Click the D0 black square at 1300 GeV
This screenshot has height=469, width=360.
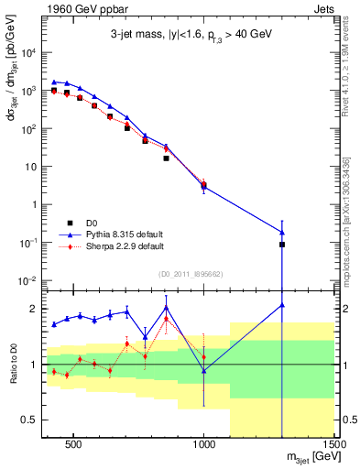pyautogui.click(x=282, y=245)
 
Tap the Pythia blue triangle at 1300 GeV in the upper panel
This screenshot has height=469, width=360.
pyautogui.click(x=282, y=232)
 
